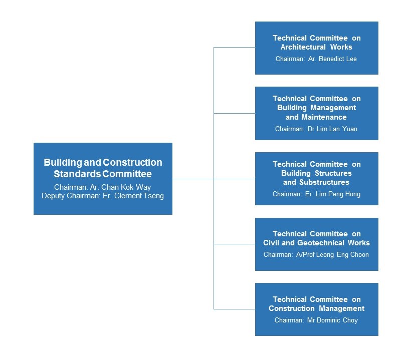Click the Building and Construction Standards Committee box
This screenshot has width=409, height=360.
tap(103, 178)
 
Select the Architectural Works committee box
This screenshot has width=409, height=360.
tap(316, 48)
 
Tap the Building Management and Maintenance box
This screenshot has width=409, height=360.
tap(316, 113)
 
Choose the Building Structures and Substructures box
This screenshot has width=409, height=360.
tap(316, 179)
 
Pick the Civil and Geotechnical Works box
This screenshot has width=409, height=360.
tap(316, 244)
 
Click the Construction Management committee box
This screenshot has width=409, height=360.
tap(316, 309)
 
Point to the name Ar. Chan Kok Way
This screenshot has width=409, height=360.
tap(120, 187)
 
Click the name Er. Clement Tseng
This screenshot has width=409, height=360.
tap(133, 196)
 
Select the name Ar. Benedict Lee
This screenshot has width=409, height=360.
tap(332, 59)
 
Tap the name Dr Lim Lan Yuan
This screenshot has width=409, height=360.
tap(332, 129)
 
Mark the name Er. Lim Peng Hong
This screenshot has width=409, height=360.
tap(333, 194)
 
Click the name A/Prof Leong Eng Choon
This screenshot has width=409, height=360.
tap(332, 254)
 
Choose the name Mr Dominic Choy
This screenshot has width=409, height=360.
tap(332, 320)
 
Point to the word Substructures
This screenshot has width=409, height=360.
tap(324, 182)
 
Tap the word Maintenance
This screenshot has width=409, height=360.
tap(324, 117)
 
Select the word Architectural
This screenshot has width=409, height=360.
tap(303, 47)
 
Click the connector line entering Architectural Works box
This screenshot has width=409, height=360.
tap(235, 48)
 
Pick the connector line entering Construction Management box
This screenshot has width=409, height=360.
tap(235, 309)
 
